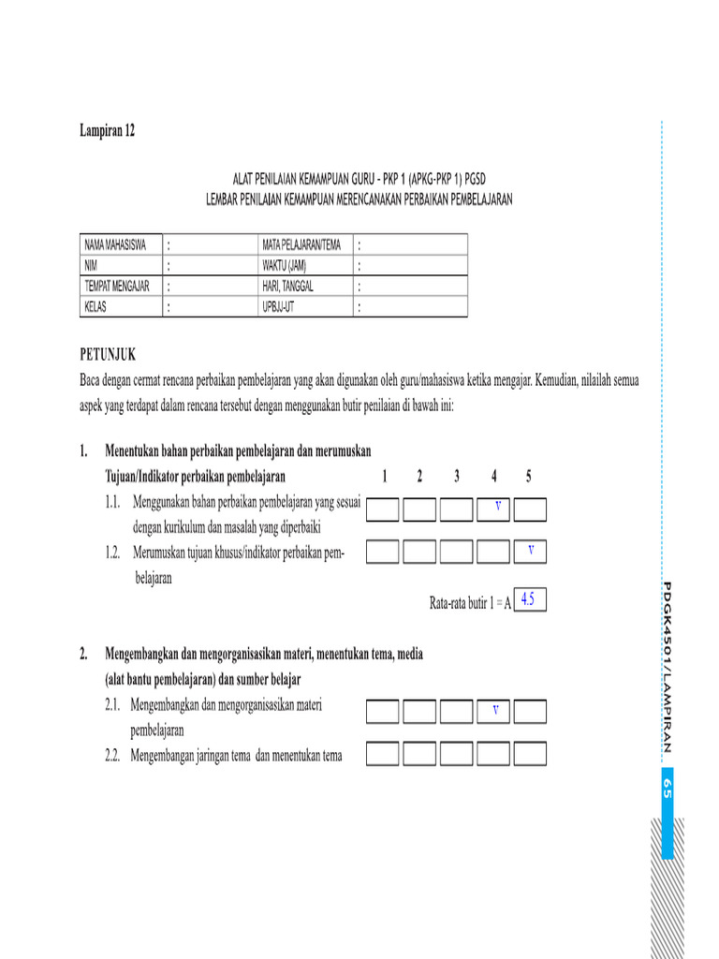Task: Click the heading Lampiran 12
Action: point(107,132)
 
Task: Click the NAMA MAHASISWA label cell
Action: point(117,245)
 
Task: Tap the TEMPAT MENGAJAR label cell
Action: point(117,287)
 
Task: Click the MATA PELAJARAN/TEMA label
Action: point(301,245)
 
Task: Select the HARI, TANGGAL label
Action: point(288,287)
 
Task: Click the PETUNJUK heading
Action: point(108,354)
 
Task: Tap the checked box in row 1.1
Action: point(493,509)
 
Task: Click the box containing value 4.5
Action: point(529,599)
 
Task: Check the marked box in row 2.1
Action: point(493,712)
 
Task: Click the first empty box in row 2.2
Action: point(383,754)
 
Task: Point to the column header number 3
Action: point(457,477)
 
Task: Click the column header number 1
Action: point(385,477)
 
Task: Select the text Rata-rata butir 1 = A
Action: point(470,604)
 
